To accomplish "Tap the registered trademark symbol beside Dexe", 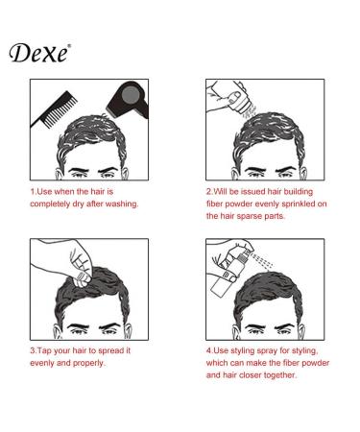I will pyautogui.click(x=68, y=43).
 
